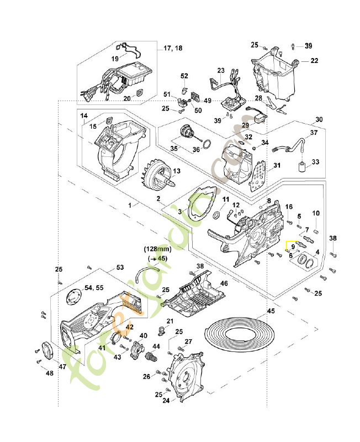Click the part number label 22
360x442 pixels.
(314, 60)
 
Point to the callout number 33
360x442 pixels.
(316, 162)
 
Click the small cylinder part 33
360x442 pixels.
(303, 167)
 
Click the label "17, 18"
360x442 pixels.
(173, 49)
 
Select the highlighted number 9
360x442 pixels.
(293, 248)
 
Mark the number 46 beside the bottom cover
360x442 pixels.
(224, 283)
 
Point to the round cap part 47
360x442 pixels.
(48, 352)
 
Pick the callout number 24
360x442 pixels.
(165, 401)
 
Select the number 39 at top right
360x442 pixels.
(308, 45)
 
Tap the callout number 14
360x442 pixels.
(84, 116)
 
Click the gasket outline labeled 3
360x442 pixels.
(199, 204)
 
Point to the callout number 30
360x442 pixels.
(319, 120)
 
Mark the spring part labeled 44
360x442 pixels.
(151, 357)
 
